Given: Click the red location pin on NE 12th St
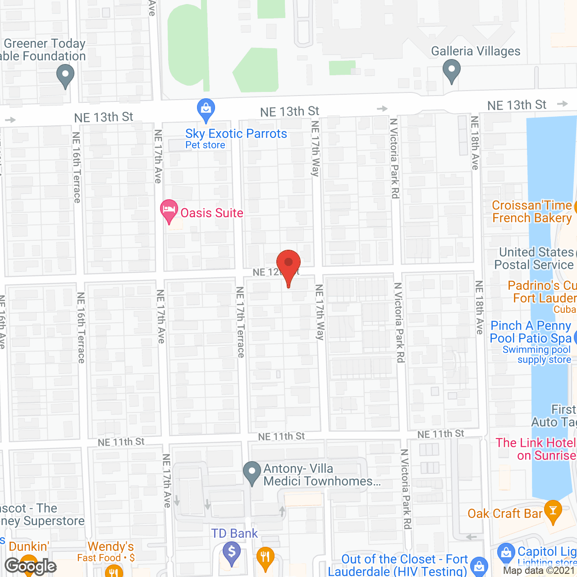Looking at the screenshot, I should point(288,263).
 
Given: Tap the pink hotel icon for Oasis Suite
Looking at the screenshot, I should point(169,210).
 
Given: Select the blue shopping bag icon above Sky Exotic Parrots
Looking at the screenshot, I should point(206,109).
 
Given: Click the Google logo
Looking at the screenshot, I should point(31,566).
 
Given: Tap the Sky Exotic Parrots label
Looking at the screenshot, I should point(236,134).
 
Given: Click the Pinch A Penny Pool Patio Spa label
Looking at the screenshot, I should point(531,332).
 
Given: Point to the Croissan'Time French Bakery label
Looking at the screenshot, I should point(532,211).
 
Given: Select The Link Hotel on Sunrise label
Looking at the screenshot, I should point(536,449).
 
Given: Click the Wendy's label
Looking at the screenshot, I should point(111,546).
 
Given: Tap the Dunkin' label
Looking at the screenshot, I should point(28,546).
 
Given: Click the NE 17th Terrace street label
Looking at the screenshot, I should point(240,322).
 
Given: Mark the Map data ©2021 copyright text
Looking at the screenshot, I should point(539,570).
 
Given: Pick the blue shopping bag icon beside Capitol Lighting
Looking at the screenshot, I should point(506,552).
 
